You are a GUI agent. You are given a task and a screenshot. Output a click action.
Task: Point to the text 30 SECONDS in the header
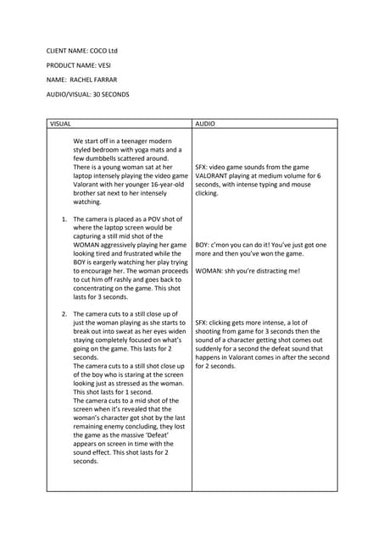click(x=111, y=93)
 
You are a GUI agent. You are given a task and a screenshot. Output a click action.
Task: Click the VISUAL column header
click(x=61, y=124)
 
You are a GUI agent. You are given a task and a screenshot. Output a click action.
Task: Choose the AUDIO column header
click(x=205, y=124)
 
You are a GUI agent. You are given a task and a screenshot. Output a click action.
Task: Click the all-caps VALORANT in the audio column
click(x=214, y=176)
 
